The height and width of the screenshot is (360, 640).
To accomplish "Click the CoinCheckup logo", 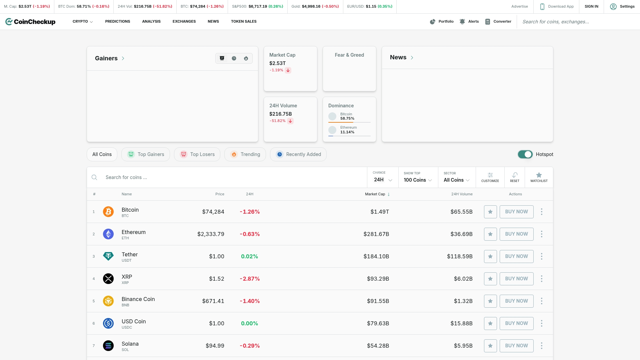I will (30, 22).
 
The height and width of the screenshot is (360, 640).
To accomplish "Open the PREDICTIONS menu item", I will (117, 21).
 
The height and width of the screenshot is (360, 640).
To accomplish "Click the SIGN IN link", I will (591, 6).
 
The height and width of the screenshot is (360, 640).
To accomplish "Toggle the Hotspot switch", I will (525, 154).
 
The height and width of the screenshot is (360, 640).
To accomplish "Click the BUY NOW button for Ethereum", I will (516, 234).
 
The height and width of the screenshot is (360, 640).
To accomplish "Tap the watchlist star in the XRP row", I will (490, 279).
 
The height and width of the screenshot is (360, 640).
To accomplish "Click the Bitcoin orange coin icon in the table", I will (108, 212).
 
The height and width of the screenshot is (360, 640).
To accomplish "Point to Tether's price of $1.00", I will (216, 256).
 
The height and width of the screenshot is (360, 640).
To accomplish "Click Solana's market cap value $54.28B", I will (378, 346).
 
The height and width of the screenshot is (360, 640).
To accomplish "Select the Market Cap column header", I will (375, 194).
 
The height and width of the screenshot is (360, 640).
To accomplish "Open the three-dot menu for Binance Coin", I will (541, 301).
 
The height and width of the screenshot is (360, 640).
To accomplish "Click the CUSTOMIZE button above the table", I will (490, 177).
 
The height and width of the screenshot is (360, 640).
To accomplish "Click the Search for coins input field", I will (227, 177).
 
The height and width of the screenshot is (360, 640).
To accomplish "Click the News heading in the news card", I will (398, 57).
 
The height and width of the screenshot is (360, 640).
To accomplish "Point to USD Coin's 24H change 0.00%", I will (249, 323).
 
